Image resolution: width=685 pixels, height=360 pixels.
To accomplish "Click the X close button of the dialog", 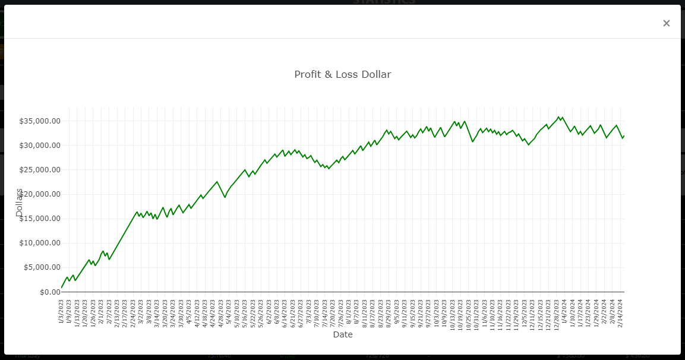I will (x=666, y=23).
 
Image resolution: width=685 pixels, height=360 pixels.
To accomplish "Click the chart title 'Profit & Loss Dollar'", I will (x=343, y=74).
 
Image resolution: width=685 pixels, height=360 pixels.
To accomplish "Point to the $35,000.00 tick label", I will (x=40, y=121).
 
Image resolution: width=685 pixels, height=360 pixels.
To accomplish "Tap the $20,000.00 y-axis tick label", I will (x=40, y=194).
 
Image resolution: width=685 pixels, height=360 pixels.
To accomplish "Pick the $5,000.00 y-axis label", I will (x=42, y=267).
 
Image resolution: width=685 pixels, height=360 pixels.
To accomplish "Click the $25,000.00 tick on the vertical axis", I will (x=40, y=170).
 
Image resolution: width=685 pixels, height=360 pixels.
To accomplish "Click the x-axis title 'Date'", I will (x=343, y=334).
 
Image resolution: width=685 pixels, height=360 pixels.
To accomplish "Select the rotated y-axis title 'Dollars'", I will (x=19, y=202).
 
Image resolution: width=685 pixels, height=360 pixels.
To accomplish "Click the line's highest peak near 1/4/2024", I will (x=558, y=117).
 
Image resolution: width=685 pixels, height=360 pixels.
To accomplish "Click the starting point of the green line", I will (x=61, y=288).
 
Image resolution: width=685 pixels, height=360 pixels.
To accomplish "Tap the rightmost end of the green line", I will (x=624, y=136).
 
